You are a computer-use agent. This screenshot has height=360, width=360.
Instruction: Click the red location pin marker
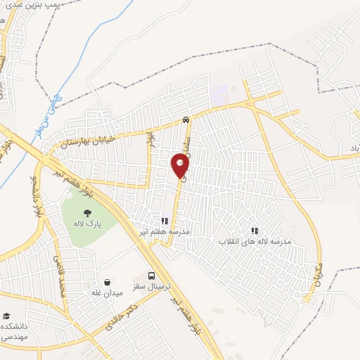(181, 165)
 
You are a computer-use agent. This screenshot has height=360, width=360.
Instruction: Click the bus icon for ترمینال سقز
(152, 276)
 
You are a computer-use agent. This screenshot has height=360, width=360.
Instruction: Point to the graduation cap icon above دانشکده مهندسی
(6, 317)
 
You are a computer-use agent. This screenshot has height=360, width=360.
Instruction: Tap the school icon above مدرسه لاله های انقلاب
(255, 230)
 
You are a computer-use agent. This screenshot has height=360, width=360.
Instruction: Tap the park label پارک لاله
(86, 224)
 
